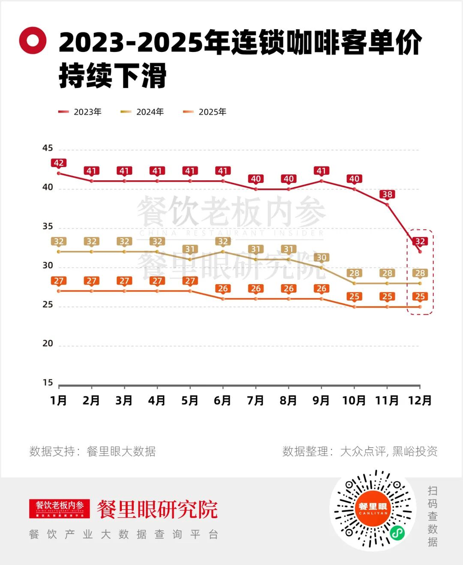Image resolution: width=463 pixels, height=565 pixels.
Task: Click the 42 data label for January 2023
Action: pos(59,163)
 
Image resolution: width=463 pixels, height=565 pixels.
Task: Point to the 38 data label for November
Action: pos(387,194)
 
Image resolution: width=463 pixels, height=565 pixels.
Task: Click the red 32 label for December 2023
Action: pos(420,241)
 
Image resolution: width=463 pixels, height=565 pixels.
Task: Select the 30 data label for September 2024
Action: pos(321,258)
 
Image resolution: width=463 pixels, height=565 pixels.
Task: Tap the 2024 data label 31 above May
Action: pos(190,249)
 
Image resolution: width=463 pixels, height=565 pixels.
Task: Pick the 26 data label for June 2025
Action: pos(223,289)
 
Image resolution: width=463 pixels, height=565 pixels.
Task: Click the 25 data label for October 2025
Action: pos(354,297)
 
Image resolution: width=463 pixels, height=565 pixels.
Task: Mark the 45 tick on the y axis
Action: pos(48,148)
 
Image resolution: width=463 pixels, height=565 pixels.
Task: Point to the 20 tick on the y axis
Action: pos(48,344)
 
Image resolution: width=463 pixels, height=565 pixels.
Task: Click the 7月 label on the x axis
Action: pos(256,400)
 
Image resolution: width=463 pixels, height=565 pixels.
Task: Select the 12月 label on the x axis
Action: pos(420,400)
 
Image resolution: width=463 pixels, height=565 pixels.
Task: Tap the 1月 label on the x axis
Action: pos(59,400)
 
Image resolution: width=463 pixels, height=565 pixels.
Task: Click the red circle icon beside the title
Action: pos(32,40)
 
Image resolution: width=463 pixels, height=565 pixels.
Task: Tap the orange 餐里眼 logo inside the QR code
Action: pos(373,508)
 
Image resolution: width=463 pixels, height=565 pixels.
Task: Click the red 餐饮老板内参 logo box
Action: pos(60,508)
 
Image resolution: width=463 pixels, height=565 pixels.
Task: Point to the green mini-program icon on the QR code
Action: pos(397,533)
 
